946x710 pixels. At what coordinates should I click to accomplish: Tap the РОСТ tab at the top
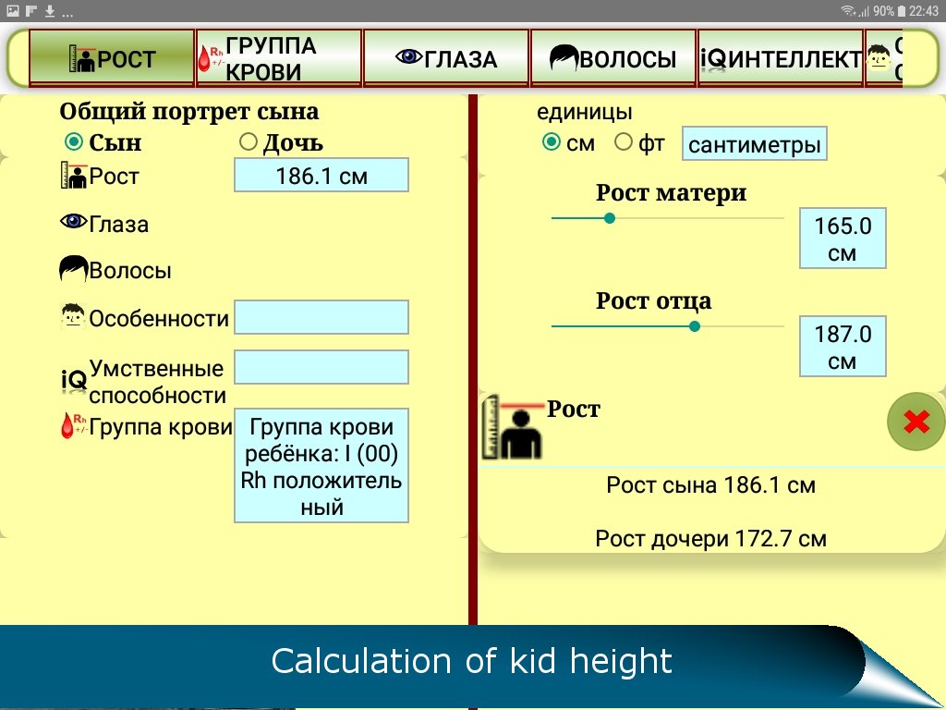tap(112, 58)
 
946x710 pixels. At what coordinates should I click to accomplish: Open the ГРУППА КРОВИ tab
tap(279, 58)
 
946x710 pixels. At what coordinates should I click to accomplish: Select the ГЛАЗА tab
tap(446, 58)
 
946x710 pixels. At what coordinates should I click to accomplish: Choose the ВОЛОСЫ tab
tap(613, 58)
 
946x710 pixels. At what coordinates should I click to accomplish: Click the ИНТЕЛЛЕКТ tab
tap(781, 58)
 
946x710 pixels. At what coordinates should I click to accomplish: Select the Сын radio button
tap(74, 141)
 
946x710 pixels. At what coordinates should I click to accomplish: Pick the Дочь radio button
tap(248, 141)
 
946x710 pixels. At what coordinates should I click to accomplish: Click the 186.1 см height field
tap(321, 175)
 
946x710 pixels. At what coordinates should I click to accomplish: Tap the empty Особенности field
tap(321, 317)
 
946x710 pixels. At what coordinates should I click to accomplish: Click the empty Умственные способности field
tap(321, 367)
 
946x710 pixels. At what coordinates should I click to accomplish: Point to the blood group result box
tap(321, 466)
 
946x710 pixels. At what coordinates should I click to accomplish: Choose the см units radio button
tap(551, 142)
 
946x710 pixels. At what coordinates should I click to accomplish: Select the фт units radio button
tap(624, 142)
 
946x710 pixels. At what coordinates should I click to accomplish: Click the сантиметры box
tap(754, 143)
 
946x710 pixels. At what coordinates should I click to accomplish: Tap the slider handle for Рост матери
tap(610, 218)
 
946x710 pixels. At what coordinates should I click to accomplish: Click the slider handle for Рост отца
tap(695, 326)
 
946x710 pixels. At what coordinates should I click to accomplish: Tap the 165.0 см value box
tap(843, 239)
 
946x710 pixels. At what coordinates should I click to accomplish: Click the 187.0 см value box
tap(843, 346)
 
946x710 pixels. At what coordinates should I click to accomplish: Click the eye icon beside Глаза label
tap(73, 222)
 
